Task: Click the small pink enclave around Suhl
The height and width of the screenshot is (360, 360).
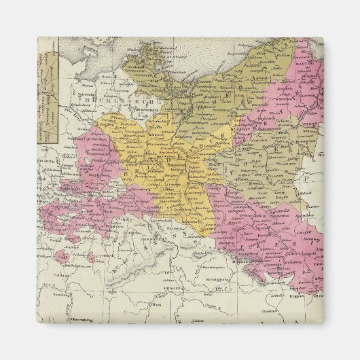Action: (62, 256)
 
